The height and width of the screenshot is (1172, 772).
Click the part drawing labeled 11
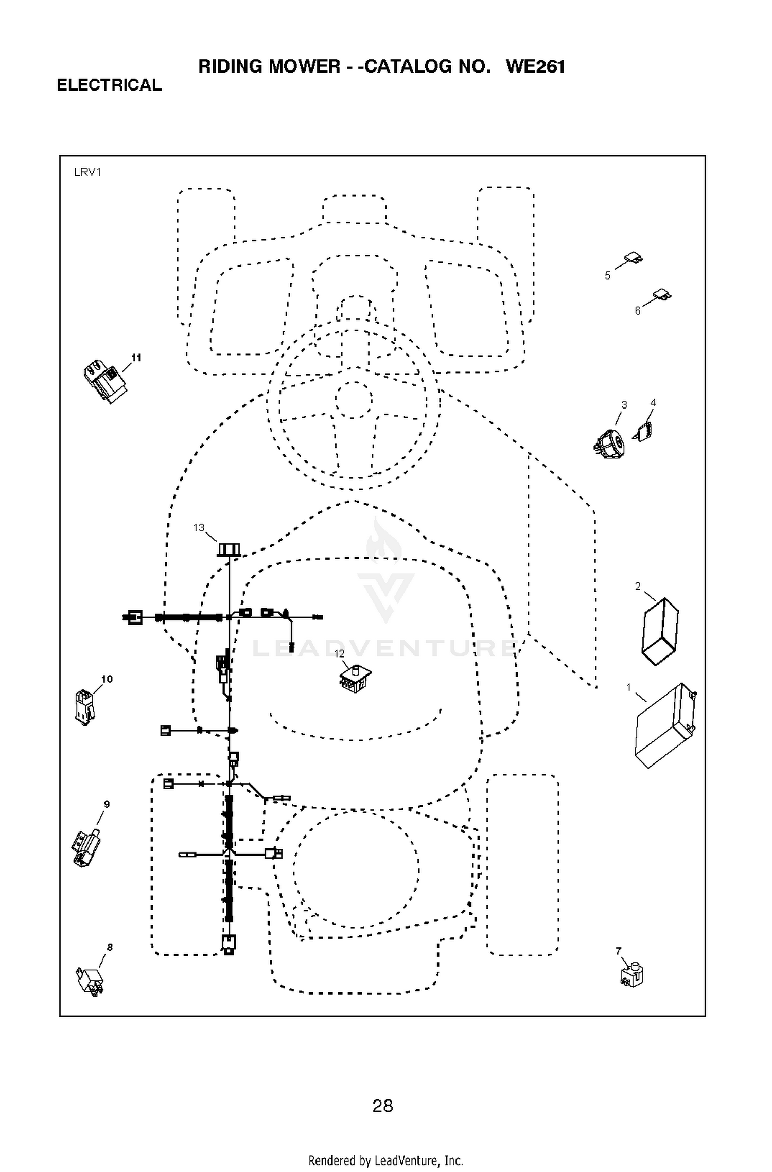(x=105, y=381)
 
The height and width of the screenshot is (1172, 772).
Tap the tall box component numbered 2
(x=660, y=631)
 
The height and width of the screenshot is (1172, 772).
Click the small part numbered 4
(x=643, y=430)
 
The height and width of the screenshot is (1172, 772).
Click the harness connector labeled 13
(x=229, y=550)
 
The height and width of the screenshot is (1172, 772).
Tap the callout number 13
(x=199, y=528)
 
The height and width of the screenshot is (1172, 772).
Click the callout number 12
(x=339, y=654)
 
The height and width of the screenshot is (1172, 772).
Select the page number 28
(x=383, y=1106)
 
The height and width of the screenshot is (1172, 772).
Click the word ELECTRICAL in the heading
(x=109, y=85)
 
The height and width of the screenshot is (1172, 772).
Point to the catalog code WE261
(x=535, y=66)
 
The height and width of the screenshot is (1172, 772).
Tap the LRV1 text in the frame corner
(x=87, y=172)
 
